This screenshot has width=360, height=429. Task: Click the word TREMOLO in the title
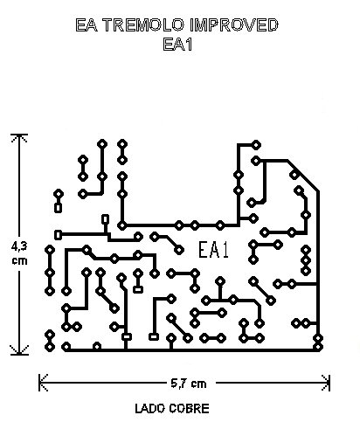144,25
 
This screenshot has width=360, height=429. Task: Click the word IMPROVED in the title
234,25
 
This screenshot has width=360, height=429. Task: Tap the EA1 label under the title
177,45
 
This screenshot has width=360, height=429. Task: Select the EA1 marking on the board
213,250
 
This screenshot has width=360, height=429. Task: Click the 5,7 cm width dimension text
189,384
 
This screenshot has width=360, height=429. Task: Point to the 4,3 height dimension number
19,246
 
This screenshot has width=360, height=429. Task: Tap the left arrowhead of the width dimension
43,383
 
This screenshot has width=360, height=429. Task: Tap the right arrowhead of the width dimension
326,383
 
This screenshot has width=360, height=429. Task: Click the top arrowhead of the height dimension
19,137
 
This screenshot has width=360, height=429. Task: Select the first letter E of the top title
80,25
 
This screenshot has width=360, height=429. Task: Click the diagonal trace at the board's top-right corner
303,176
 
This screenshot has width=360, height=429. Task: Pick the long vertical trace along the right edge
318,269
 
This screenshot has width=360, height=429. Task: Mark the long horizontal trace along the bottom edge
192,349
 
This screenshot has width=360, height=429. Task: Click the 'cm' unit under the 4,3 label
19,260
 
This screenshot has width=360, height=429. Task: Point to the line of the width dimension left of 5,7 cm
103,383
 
